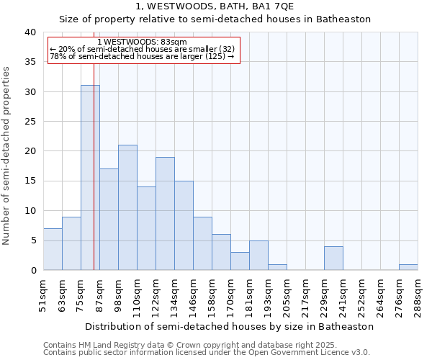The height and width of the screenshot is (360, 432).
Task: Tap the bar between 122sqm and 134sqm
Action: coord(165,213)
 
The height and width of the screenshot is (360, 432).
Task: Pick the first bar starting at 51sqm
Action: coord(53,249)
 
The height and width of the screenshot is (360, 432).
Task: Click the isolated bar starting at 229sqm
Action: coord(333,258)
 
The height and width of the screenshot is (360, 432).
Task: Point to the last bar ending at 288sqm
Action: coord(408,267)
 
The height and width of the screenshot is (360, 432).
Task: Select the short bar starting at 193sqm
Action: coord(277,267)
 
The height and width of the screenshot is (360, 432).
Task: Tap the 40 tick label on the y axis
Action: coord(30,32)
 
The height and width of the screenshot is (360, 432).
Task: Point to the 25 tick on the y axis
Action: coord(30,122)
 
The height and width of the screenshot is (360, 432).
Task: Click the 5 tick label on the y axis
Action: coord(33,240)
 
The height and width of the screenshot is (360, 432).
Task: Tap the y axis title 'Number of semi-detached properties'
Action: coord(7,156)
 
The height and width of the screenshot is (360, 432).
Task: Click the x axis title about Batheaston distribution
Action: coord(229,326)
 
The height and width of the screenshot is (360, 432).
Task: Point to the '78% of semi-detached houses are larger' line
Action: coord(142,56)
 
